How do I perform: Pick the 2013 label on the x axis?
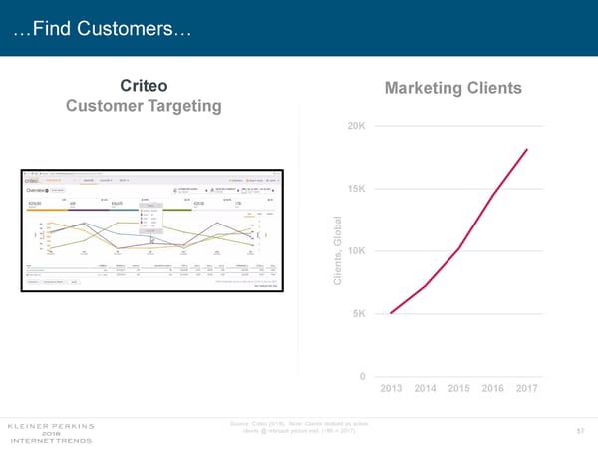click(391, 388)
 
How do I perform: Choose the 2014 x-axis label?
click(426, 388)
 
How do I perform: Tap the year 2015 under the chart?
click(459, 388)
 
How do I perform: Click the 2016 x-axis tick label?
click(493, 388)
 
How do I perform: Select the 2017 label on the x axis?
click(526, 388)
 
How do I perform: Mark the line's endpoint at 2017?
click(526, 149)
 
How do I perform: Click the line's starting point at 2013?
click(391, 313)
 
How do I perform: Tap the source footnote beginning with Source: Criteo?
click(299, 427)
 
